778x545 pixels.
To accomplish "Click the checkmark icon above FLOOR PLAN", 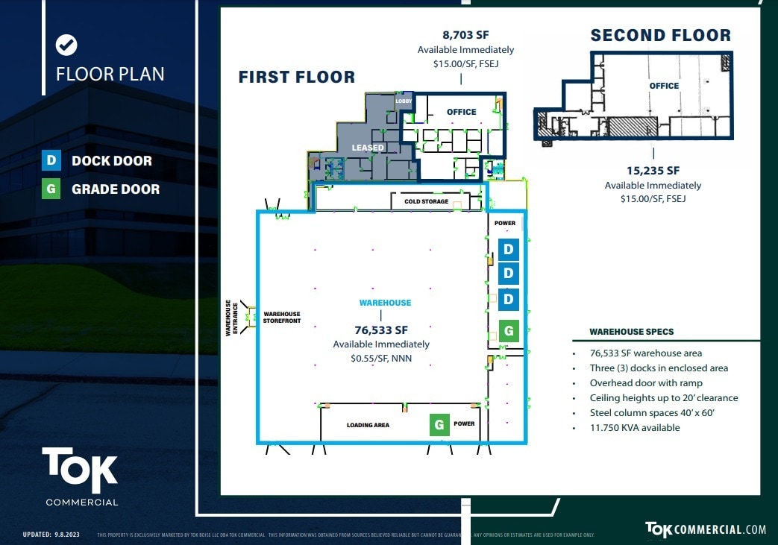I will (66, 45).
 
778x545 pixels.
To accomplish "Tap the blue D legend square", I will (51, 160).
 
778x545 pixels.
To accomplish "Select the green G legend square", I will (51, 189).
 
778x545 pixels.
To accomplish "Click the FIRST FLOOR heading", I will (296, 77).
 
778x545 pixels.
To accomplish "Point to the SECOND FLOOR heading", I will (660, 35).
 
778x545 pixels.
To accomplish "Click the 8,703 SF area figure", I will (465, 34).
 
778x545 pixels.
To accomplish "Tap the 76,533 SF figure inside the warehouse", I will (380, 330).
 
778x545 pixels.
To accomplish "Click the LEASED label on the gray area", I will (368, 148).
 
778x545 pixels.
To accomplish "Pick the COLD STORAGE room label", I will (426, 201).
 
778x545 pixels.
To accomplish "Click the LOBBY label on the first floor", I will (404, 101).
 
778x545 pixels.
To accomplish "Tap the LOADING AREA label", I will (368, 425).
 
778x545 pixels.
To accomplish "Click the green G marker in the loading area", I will (439, 424).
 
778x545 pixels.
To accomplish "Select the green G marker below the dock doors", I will (509, 330).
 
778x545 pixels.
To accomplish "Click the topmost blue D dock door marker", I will (509, 248).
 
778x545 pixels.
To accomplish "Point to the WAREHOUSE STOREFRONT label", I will (281, 317).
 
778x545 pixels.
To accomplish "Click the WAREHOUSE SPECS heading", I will (631, 332).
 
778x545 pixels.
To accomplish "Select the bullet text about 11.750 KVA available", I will (634, 428).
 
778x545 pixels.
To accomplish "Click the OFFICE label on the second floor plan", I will (664, 86).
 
